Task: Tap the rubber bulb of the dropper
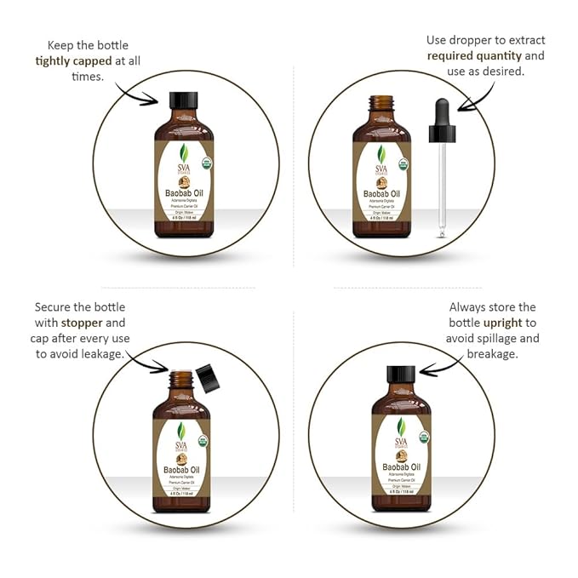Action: tap(443, 112)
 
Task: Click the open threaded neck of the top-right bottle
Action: tap(382, 104)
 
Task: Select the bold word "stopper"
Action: tap(80, 323)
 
